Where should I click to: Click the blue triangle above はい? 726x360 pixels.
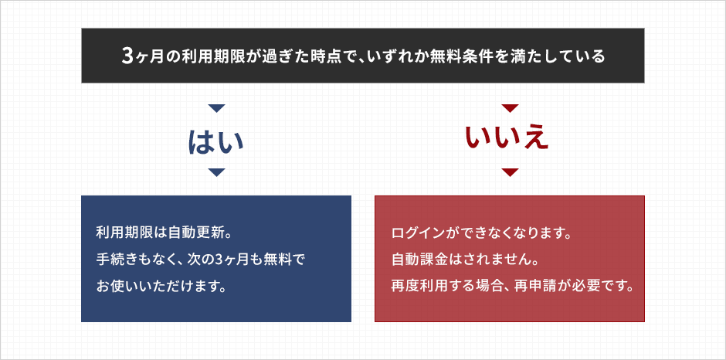point(216,108)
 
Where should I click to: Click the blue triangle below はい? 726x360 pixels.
point(216,172)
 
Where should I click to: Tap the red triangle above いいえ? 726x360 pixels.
point(510,108)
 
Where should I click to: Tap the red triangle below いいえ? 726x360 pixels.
point(510,172)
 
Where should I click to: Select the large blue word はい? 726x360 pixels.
point(215,141)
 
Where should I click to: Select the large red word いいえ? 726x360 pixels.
point(507,138)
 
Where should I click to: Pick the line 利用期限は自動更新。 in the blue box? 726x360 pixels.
point(163,232)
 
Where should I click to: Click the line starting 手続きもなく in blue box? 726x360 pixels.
point(200,259)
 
